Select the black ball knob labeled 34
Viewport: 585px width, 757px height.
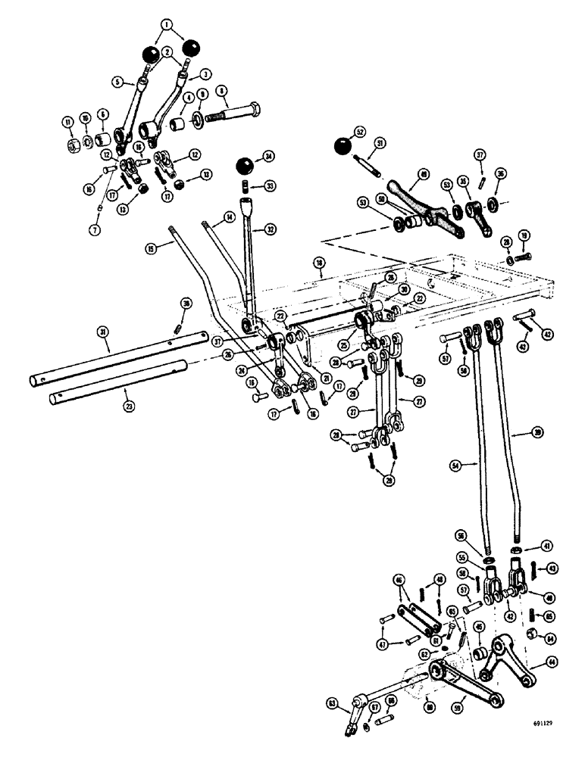(x=245, y=167)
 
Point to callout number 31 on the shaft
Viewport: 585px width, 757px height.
(x=102, y=331)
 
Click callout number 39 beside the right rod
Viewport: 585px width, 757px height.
(x=537, y=431)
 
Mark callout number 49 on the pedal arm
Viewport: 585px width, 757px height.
(x=423, y=173)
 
